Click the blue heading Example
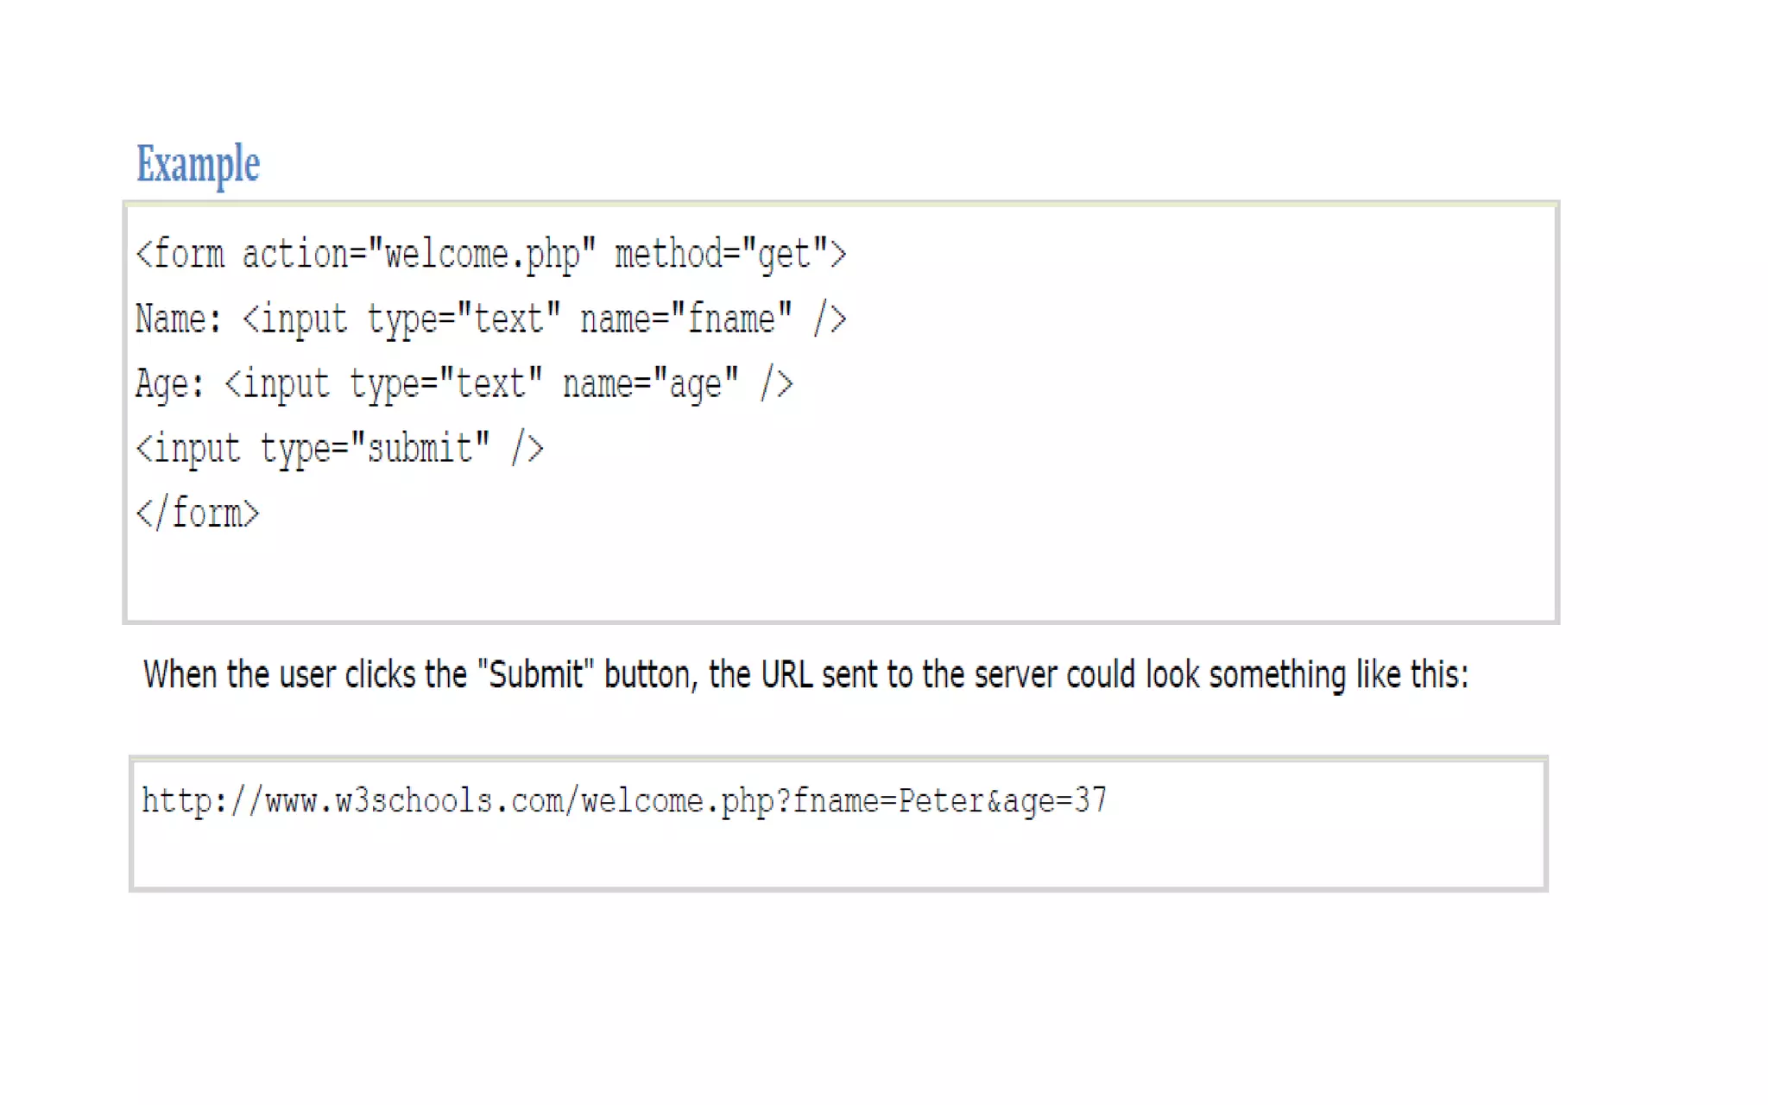(x=198, y=164)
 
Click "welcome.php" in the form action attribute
(x=482, y=255)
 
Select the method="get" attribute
(x=722, y=255)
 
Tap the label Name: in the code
(x=178, y=319)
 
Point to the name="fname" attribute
(x=685, y=319)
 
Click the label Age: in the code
(x=169, y=384)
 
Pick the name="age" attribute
(x=651, y=384)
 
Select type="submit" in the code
(x=375, y=449)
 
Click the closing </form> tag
(x=198, y=514)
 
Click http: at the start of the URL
(x=184, y=801)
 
